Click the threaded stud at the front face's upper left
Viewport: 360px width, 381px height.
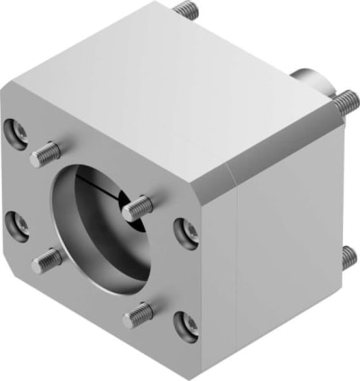tap(45, 155)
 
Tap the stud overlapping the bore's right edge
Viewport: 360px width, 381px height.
tap(138, 208)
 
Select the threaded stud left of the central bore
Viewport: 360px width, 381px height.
tap(47, 261)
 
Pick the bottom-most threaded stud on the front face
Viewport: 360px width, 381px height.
tap(139, 313)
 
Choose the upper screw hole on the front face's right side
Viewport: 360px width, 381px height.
tap(186, 232)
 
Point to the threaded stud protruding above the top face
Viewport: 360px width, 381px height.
tap(186, 10)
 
